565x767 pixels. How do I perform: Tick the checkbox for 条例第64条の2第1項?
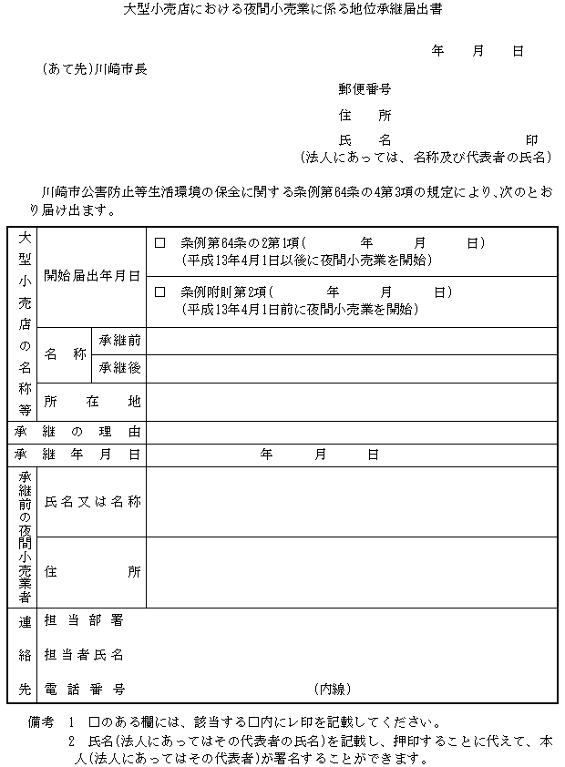(x=160, y=243)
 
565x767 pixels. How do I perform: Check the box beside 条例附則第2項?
(x=160, y=292)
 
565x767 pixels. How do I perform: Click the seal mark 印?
(x=531, y=139)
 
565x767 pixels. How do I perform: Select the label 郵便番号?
(x=365, y=89)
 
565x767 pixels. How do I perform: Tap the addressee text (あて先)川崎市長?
(x=94, y=68)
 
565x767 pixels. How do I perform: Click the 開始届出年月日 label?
(x=91, y=275)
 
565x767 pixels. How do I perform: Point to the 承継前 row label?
(x=120, y=341)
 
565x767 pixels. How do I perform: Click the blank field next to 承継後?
(x=351, y=368)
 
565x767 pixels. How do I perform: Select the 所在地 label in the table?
(x=91, y=401)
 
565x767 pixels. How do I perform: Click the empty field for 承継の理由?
(x=351, y=431)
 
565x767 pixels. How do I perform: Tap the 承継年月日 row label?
(x=77, y=454)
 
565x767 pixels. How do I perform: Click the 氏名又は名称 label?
(x=91, y=501)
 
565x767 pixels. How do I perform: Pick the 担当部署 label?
(x=84, y=621)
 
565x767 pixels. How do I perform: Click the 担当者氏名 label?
(x=84, y=655)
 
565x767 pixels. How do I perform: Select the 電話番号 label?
(x=84, y=689)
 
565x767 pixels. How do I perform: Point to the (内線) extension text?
(x=334, y=689)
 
